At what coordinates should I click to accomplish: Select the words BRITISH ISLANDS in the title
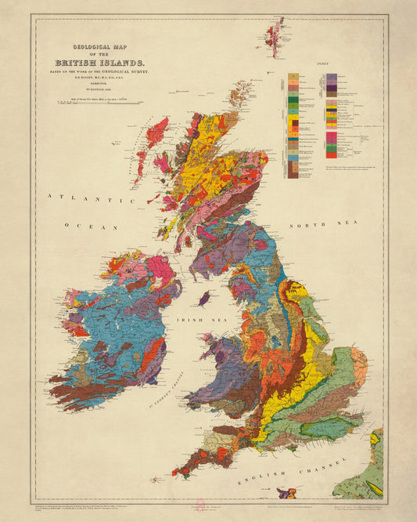100,62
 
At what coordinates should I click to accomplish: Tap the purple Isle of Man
204,299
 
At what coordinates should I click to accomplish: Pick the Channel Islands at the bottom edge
287,493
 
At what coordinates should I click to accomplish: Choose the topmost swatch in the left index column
293,77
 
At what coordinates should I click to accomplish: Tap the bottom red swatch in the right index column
332,148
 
